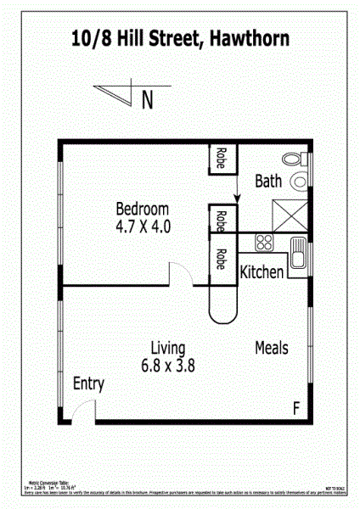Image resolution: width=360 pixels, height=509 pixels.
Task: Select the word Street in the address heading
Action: pyautogui.click(x=169, y=39)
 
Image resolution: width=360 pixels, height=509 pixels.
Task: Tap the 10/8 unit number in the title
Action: pyautogui.click(x=91, y=39)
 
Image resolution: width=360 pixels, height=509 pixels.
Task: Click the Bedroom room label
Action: pyautogui.click(x=143, y=209)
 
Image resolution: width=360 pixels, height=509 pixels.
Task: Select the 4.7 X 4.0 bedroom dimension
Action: pyautogui.click(x=143, y=227)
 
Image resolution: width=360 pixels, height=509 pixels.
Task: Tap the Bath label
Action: pyautogui.click(x=268, y=181)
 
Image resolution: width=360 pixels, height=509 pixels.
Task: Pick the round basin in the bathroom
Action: pyautogui.click(x=300, y=181)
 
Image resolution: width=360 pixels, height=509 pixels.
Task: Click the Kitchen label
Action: pyautogui.click(x=262, y=273)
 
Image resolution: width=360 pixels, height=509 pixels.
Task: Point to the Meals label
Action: pyautogui.click(x=272, y=348)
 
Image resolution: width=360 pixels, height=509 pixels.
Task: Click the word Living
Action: pyautogui.click(x=168, y=347)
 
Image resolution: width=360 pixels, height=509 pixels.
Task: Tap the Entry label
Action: pyautogui.click(x=88, y=384)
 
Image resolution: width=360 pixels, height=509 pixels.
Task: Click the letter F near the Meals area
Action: pyautogui.click(x=296, y=408)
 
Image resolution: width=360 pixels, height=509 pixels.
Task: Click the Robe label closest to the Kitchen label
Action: pyautogui.click(x=221, y=259)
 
